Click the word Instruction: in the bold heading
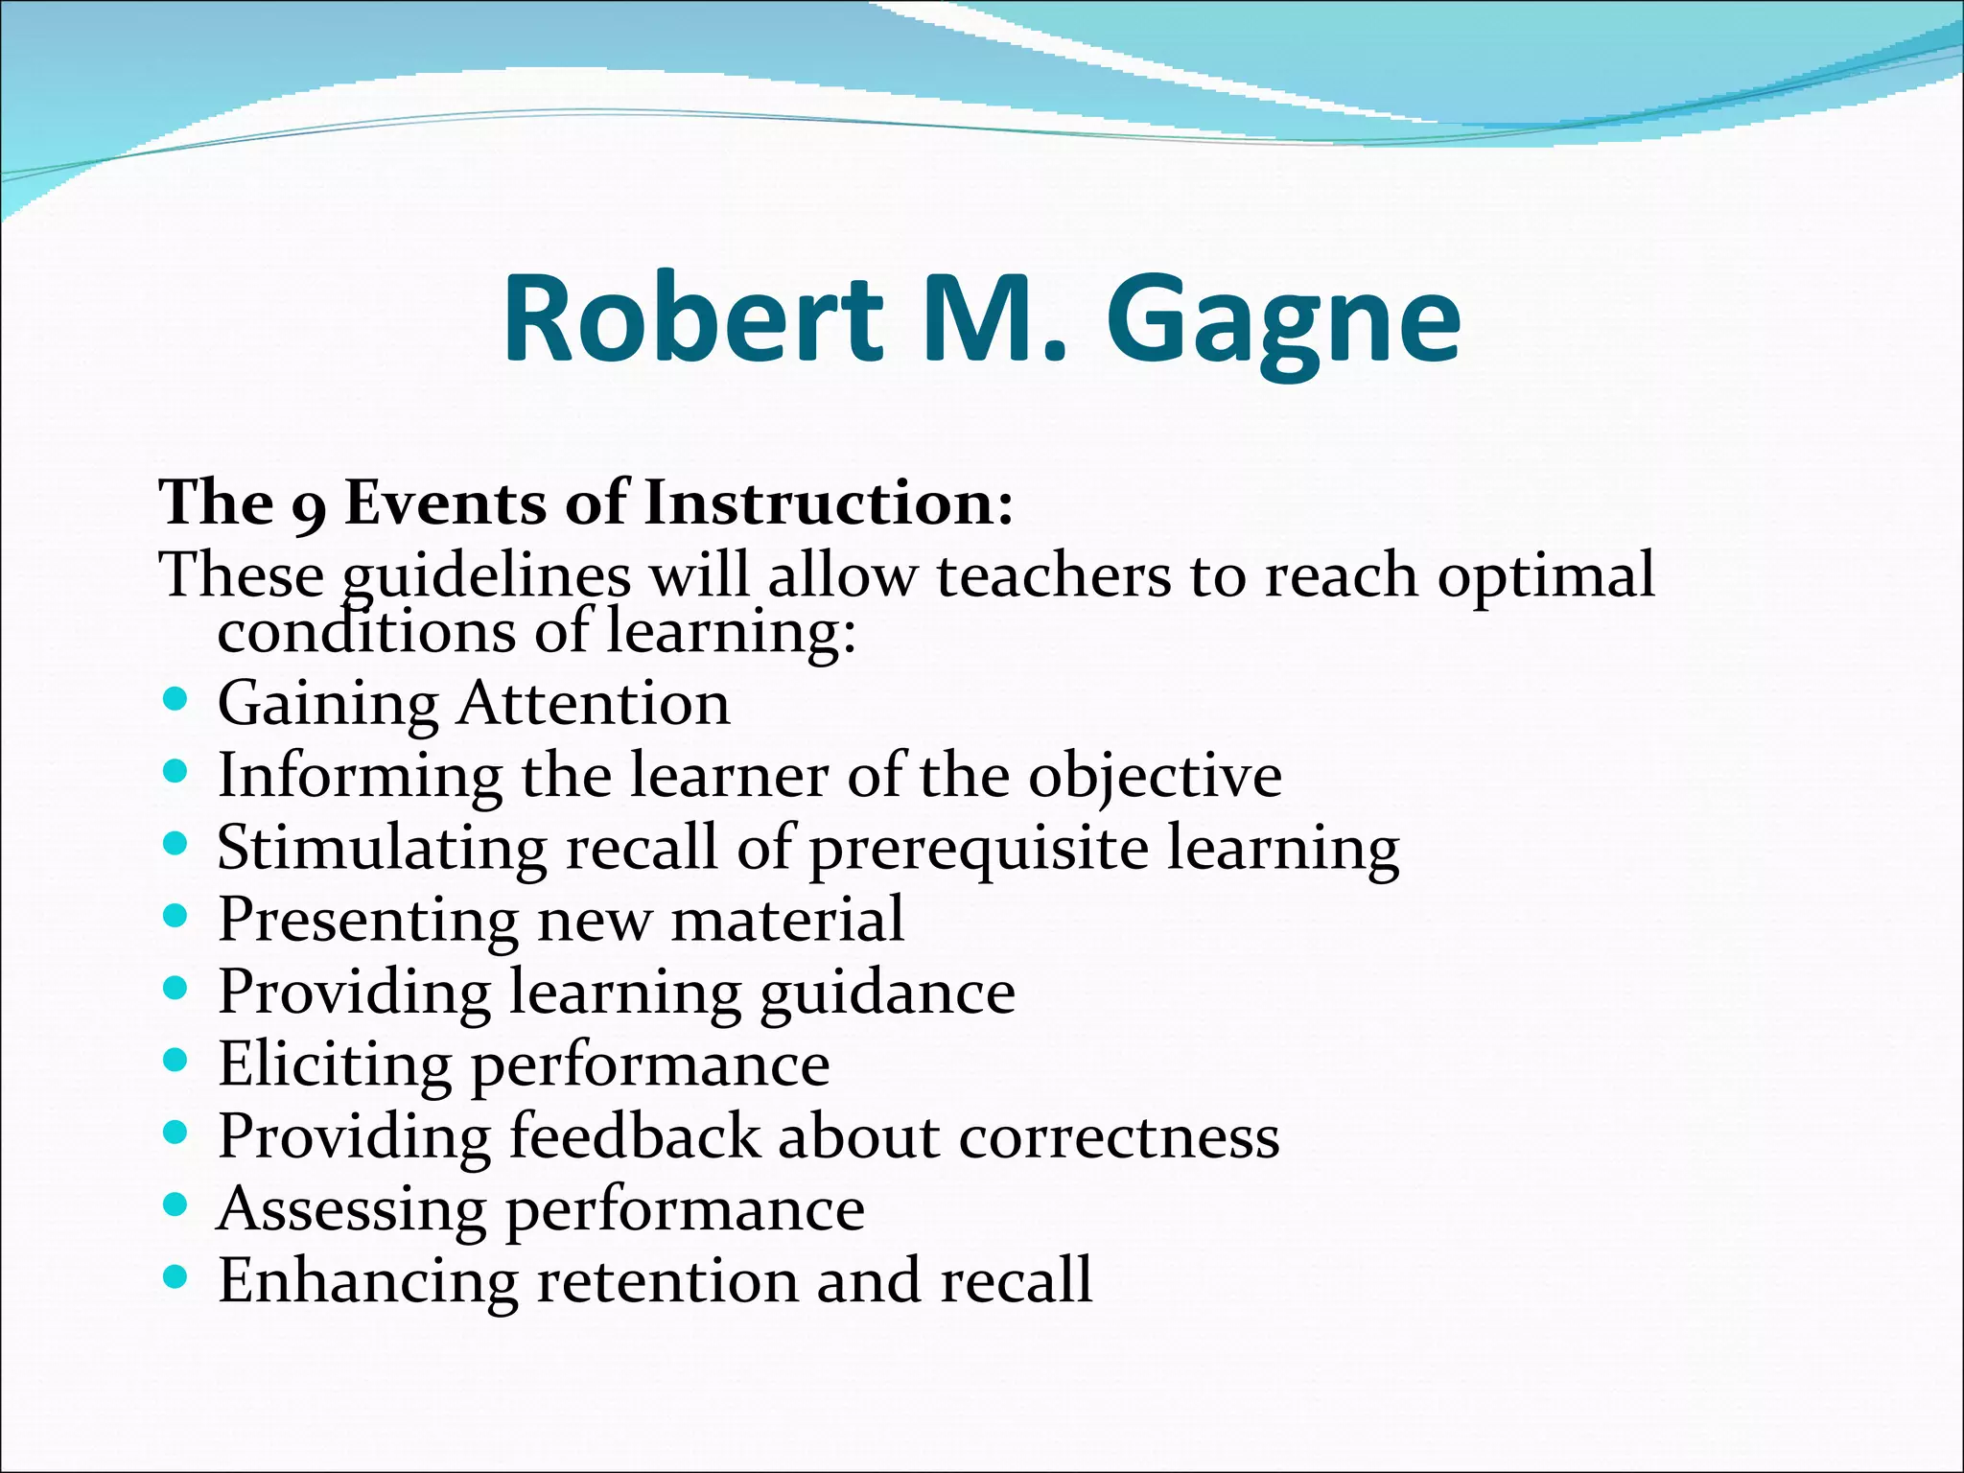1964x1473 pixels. [828, 503]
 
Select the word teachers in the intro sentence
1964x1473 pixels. [1054, 575]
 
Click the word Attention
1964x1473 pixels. [593, 703]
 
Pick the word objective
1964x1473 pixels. [1155, 777]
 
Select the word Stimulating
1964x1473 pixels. [382, 849]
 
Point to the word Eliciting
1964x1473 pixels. [334, 1065]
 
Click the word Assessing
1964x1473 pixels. [351, 1210]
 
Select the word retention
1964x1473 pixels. [666, 1281]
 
